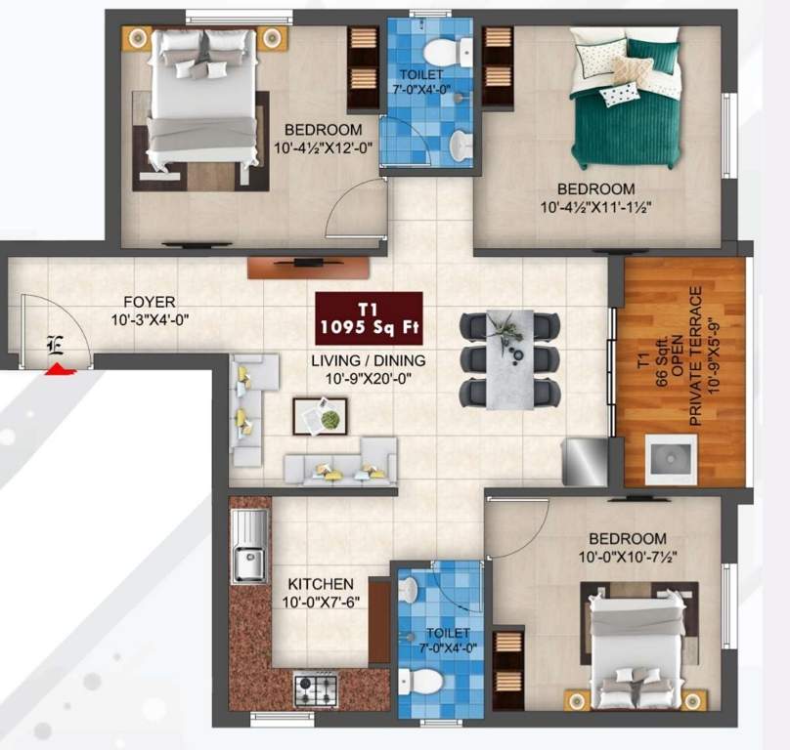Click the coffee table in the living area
(321, 416)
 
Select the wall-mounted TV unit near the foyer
(308, 264)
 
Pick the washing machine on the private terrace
(671, 460)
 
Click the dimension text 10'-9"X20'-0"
(369, 379)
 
